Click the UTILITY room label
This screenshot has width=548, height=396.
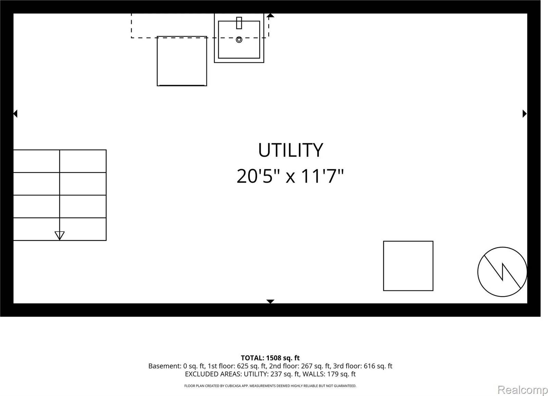pos(290,150)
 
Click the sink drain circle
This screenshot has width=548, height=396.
pos(239,40)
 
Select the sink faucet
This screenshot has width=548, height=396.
pos(239,23)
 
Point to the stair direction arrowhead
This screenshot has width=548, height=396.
pos(60,235)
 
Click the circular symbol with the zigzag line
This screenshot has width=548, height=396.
pos(502,272)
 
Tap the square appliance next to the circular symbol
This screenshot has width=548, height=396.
pos(408,266)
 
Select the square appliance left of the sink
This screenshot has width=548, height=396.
pos(182,61)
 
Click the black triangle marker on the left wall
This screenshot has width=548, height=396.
pos(15,113)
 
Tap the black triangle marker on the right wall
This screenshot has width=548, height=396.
pos(524,113)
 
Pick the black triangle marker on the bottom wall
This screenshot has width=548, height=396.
pos(270,301)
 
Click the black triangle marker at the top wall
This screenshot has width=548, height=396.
pos(270,15)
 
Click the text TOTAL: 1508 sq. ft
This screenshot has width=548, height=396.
pos(270,358)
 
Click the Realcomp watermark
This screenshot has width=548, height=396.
pos(522,390)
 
